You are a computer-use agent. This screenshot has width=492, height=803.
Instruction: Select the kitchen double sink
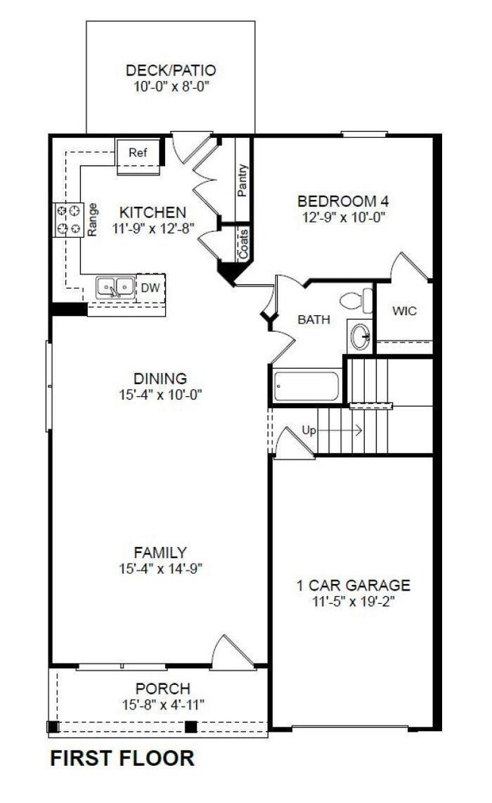115,287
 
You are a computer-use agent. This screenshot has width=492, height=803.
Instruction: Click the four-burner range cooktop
67,220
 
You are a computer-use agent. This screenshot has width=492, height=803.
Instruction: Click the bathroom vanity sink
361,334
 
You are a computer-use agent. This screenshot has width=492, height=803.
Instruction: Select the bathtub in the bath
307,386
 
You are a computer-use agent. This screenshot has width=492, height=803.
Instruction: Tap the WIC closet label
403,311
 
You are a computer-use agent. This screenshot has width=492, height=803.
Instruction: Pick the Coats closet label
243,245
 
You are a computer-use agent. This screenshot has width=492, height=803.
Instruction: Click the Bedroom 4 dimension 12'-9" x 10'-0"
337,216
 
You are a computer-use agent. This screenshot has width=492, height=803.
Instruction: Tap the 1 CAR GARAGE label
353,585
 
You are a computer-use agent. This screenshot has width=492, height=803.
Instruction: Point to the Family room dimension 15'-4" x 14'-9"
160,567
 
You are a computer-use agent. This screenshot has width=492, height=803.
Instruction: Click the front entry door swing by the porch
231,651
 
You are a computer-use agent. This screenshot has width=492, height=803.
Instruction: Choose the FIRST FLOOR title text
122,758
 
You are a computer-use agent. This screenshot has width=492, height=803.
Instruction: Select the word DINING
160,378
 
